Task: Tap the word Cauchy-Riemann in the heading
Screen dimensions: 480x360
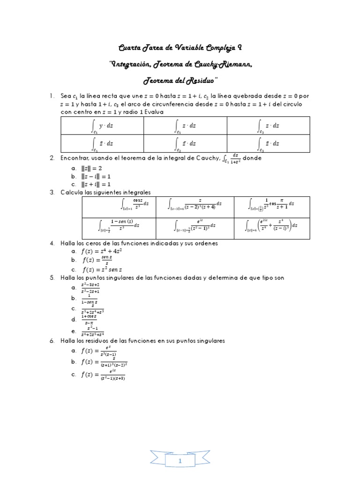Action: [x=224, y=64]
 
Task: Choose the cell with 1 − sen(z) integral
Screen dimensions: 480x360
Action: [x=125, y=225]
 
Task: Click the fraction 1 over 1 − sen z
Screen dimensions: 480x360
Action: [x=89, y=299]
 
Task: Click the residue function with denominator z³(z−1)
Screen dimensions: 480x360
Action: [x=99, y=352]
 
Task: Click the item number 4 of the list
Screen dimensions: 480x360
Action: [x=52, y=243]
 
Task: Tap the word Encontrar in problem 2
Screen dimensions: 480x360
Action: [x=76, y=158]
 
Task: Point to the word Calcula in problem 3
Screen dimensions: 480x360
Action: [x=72, y=192]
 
